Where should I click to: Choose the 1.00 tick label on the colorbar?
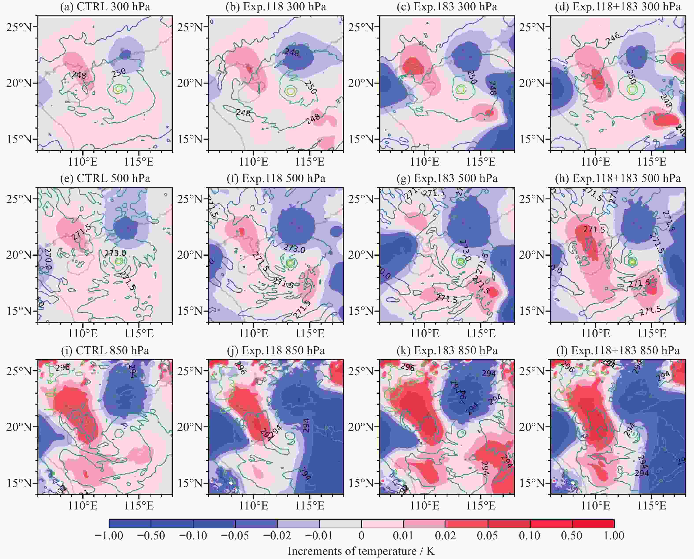pyautogui.click(x=614, y=535)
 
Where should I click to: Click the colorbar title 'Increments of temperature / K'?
pyautogui.click(x=361, y=551)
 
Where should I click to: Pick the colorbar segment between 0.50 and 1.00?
pyautogui.click(x=593, y=524)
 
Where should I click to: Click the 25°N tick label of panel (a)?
pyautogui.click(x=19, y=27)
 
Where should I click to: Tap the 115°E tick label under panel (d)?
pyautogui.click(x=652, y=161)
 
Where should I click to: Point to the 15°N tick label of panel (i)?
pyautogui.click(x=19, y=483)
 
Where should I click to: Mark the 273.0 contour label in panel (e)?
pyautogui.click(x=115, y=253)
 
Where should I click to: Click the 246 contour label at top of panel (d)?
pyautogui.click(x=612, y=38)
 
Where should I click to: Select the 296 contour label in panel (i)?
pyautogui.click(x=63, y=367)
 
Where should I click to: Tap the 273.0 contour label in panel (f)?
pyautogui.click(x=294, y=248)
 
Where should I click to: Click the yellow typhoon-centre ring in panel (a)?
pyautogui.click(x=119, y=89)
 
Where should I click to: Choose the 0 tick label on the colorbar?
pyautogui.click(x=361, y=535)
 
